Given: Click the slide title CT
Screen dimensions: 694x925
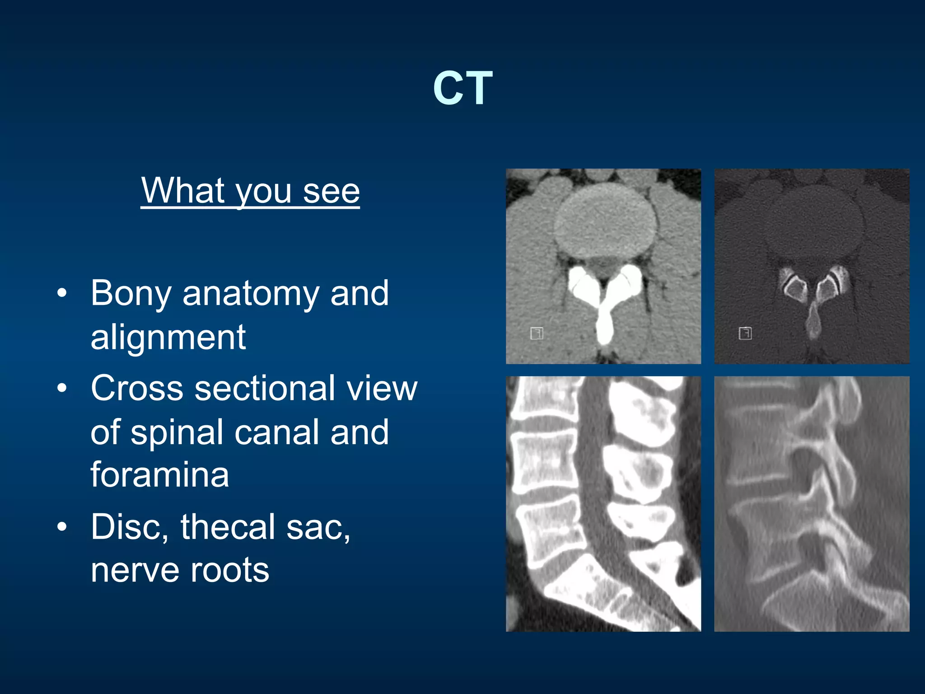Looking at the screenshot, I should (462, 88).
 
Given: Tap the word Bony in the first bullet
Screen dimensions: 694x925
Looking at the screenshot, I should (131, 294).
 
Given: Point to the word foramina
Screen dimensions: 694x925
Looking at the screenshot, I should (159, 475).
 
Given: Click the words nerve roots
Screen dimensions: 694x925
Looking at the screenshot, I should (180, 570).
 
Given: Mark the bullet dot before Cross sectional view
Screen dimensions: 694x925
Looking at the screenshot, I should (62, 388).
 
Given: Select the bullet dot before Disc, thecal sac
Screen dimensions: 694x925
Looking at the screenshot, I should (62, 526).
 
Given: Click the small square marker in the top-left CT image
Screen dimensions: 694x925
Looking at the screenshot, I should (536, 333).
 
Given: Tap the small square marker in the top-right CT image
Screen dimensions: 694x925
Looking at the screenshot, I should (745, 333).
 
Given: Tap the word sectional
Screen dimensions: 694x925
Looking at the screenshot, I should (265, 389).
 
